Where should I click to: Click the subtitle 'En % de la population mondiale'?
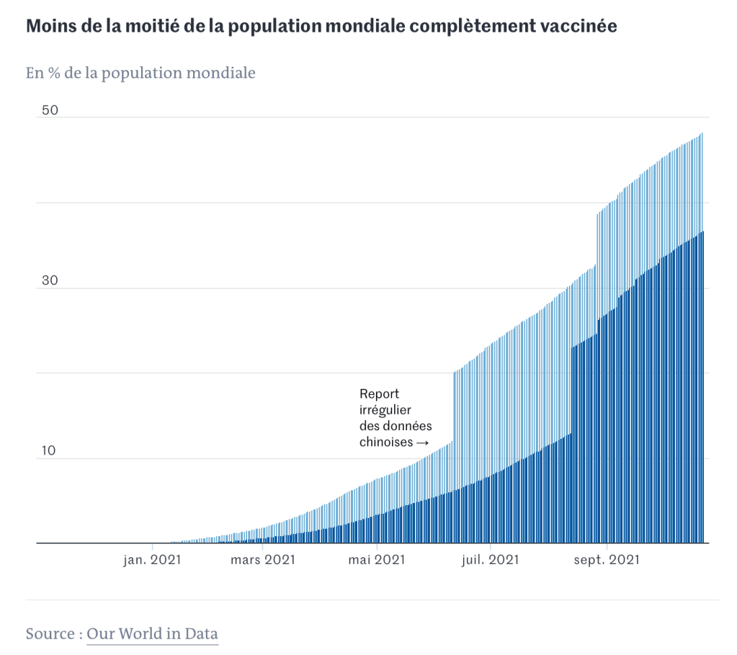[140, 73]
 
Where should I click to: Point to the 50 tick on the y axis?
[49, 110]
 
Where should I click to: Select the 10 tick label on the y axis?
[48, 451]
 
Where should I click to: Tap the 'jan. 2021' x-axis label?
[151, 560]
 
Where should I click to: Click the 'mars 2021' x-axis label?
[263, 560]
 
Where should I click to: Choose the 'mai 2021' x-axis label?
[375, 560]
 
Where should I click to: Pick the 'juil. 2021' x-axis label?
[490, 560]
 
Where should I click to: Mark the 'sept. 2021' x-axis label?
[608, 560]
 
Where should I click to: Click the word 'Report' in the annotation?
[379, 394]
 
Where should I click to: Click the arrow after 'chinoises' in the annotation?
[422, 442]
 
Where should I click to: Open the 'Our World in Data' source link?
[152, 634]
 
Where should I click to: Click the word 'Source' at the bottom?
[49, 634]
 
